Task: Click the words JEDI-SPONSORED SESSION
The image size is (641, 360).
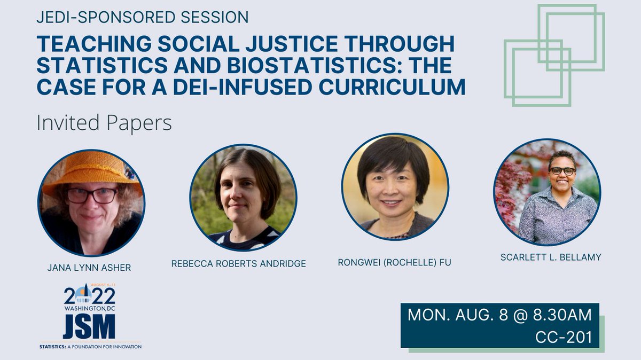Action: pos(143,17)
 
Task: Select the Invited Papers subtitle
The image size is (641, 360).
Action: pos(104,123)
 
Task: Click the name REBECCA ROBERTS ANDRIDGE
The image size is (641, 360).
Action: pos(238,263)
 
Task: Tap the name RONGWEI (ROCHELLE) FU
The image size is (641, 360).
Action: pos(394,262)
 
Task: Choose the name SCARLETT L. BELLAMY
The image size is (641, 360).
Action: pos(551,257)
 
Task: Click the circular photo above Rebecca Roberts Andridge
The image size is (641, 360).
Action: pos(243,198)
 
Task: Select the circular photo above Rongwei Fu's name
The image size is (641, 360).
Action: pos(395,187)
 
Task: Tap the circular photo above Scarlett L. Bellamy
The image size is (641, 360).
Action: pos(547,192)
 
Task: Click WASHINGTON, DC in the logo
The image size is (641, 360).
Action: pos(89,308)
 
